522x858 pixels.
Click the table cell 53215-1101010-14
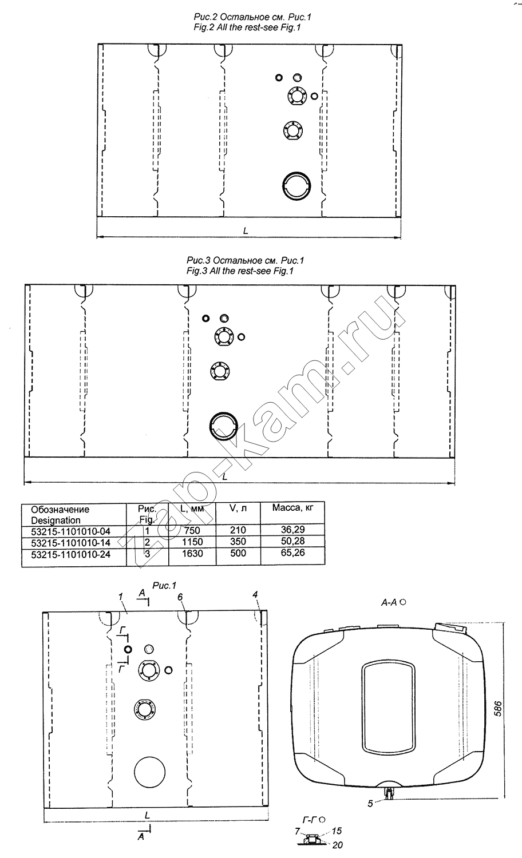[x=70, y=542]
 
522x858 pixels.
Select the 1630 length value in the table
[x=192, y=554]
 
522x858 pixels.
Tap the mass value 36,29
[x=292, y=530]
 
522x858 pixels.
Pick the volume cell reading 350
[x=238, y=542]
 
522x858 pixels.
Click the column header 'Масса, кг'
[x=293, y=508]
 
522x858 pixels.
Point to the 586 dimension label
[x=497, y=709]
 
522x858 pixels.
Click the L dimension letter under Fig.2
[x=246, y=231]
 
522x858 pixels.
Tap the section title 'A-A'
[x=389, y=603]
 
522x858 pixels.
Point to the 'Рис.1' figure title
[x=164, y=586]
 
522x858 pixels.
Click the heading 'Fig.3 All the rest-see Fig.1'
[x=240, y=271]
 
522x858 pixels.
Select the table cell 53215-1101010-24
[x=70, y=554]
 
